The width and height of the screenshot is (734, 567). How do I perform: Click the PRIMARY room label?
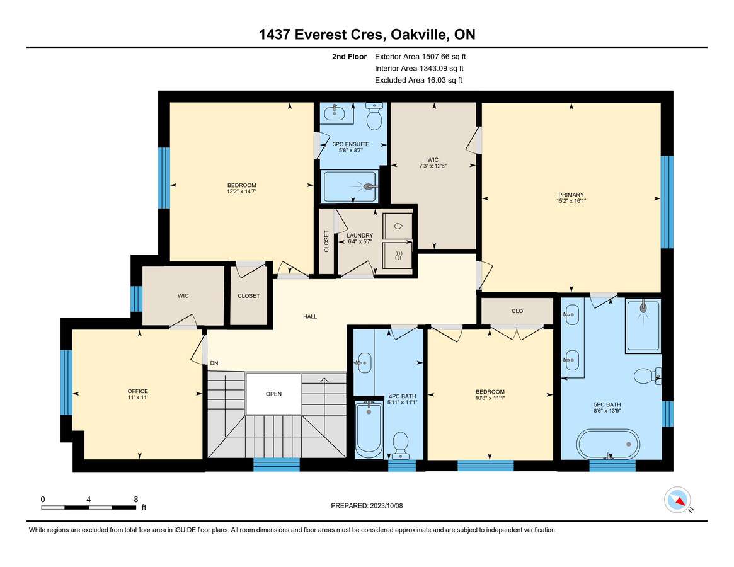click(x=571, y=195)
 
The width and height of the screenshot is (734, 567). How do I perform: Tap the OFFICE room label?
click(x=137, y=391)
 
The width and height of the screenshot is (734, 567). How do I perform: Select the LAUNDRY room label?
click(x=360, y=236)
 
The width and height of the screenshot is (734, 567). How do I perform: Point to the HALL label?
click(x=310, y=316)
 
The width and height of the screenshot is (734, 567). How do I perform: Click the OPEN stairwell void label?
click(x=274, y=394)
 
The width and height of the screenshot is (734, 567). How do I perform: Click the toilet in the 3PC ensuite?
click(x=374, y=117)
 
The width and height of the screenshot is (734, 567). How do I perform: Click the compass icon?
click(x=678, y=500)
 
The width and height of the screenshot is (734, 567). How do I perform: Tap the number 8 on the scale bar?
click(x=135, y=500)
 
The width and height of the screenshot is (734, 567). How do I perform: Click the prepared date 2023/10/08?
click(x=386, y=506)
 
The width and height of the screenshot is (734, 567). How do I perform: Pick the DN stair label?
click(x=214, y=364)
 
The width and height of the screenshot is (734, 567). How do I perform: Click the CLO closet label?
click(x=517, y=311)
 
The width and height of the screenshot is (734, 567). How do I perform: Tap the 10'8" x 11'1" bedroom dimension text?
click(x=490, y=398)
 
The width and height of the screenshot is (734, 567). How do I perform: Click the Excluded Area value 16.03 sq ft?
click(x=444, y=80)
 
